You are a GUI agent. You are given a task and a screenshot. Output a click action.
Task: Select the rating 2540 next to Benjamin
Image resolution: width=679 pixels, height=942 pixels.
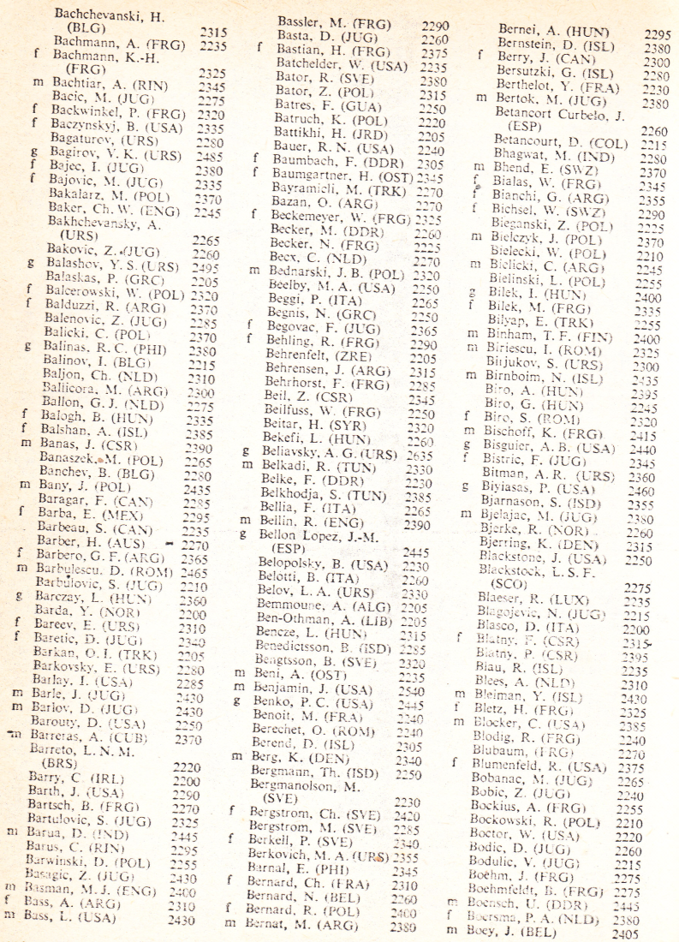[x=415, y=690]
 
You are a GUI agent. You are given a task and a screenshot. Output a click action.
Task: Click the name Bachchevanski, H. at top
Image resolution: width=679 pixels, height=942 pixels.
[x=110, y=15]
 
